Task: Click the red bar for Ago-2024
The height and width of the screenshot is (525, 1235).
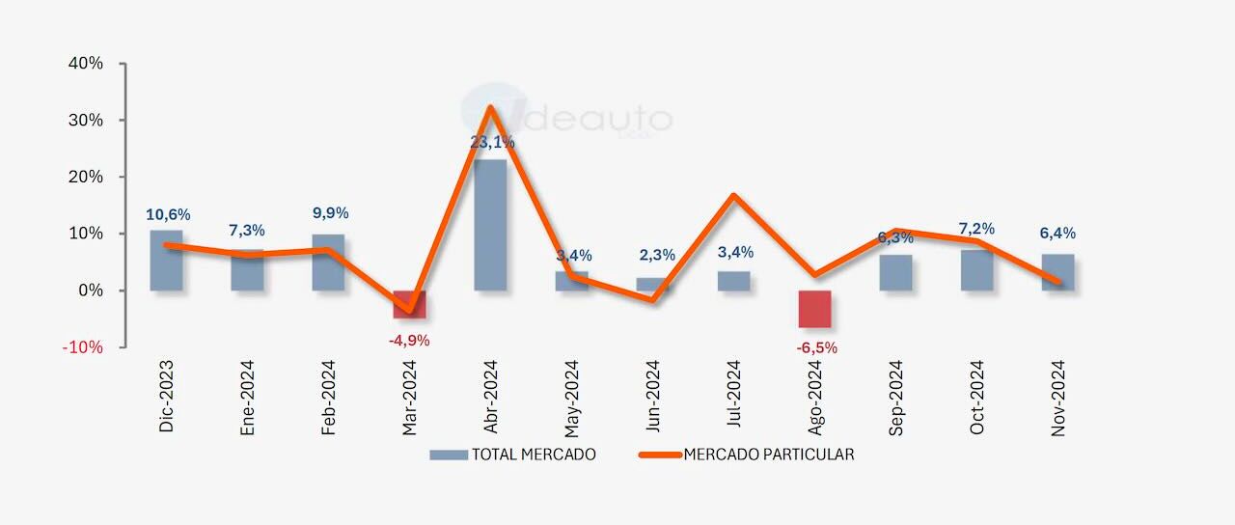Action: click(814, 309)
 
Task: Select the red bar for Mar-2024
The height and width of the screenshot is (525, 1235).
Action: click(409, 304)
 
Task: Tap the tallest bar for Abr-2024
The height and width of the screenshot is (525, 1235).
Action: click(490, 225)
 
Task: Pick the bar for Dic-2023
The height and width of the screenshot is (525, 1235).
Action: click(166, 261)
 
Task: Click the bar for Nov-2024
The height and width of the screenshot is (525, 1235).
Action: click(1057, 272)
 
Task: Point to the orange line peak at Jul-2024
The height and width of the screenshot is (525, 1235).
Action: click(733, 196)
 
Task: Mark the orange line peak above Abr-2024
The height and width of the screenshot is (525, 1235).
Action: click(490, 107)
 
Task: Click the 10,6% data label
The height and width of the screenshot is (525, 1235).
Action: click(168, 214)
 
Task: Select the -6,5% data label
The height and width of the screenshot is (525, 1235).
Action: click(815, 347)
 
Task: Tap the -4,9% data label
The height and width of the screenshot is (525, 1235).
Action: click(409, 340)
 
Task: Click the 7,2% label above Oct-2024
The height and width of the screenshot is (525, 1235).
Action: click(975, 229)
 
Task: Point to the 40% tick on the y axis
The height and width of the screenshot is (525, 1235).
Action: click(85, 64)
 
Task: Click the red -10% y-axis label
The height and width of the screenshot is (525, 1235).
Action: click(82, 347)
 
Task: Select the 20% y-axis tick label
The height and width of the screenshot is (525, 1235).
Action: click(85, 178)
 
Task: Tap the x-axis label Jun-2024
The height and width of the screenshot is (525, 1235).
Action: click(654, 398)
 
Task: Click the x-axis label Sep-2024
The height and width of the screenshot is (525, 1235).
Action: click(897, 398)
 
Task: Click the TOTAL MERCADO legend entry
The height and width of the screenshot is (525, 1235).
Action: click(513, 455)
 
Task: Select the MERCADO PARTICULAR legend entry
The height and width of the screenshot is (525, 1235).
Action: click(747, 455)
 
